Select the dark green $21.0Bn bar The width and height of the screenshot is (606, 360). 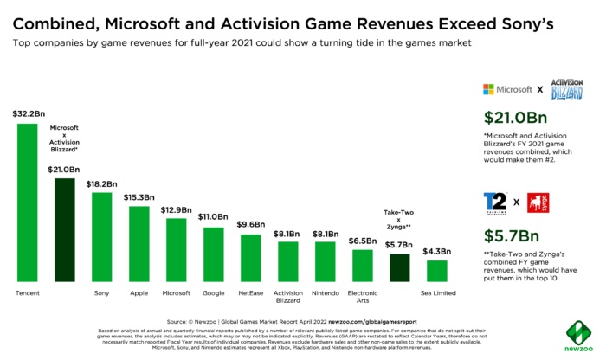(x=65, y=229)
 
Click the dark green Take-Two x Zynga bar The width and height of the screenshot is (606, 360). (x=399, y=268)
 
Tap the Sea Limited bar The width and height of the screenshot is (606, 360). (x=436, y=271)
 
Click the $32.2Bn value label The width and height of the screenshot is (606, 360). (x=28, y=113)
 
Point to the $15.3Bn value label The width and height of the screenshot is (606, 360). (x=139, y=197)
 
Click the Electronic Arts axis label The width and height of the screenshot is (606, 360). (x=363, y=298)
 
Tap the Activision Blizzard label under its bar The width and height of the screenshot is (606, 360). (x=288, y=298)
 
